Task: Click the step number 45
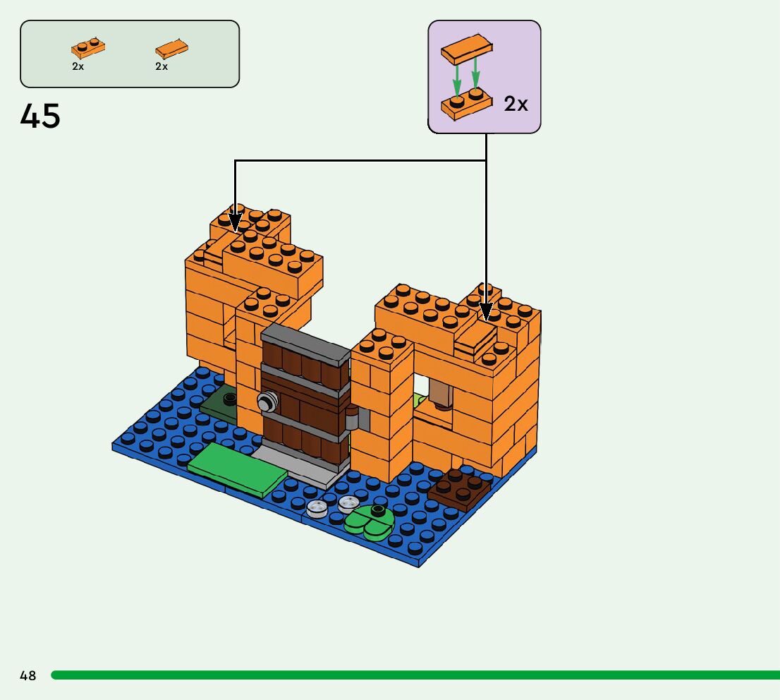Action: tap(40, 116)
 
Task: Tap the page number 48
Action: tap(28, 675)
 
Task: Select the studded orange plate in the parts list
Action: tap(87, 48)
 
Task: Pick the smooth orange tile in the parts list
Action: tap(171, 49)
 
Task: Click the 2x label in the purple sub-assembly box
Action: tap(516, 104)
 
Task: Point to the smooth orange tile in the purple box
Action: tap(466, 49)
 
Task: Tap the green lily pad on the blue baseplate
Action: tap(370, 523)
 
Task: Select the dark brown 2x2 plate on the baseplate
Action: tap(460, 488)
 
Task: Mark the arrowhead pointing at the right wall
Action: tap(485, 313)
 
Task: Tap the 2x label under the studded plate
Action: tap(78, 66)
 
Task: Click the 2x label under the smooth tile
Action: tap(162, 66)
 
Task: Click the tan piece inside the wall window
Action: tap(441, 392)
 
